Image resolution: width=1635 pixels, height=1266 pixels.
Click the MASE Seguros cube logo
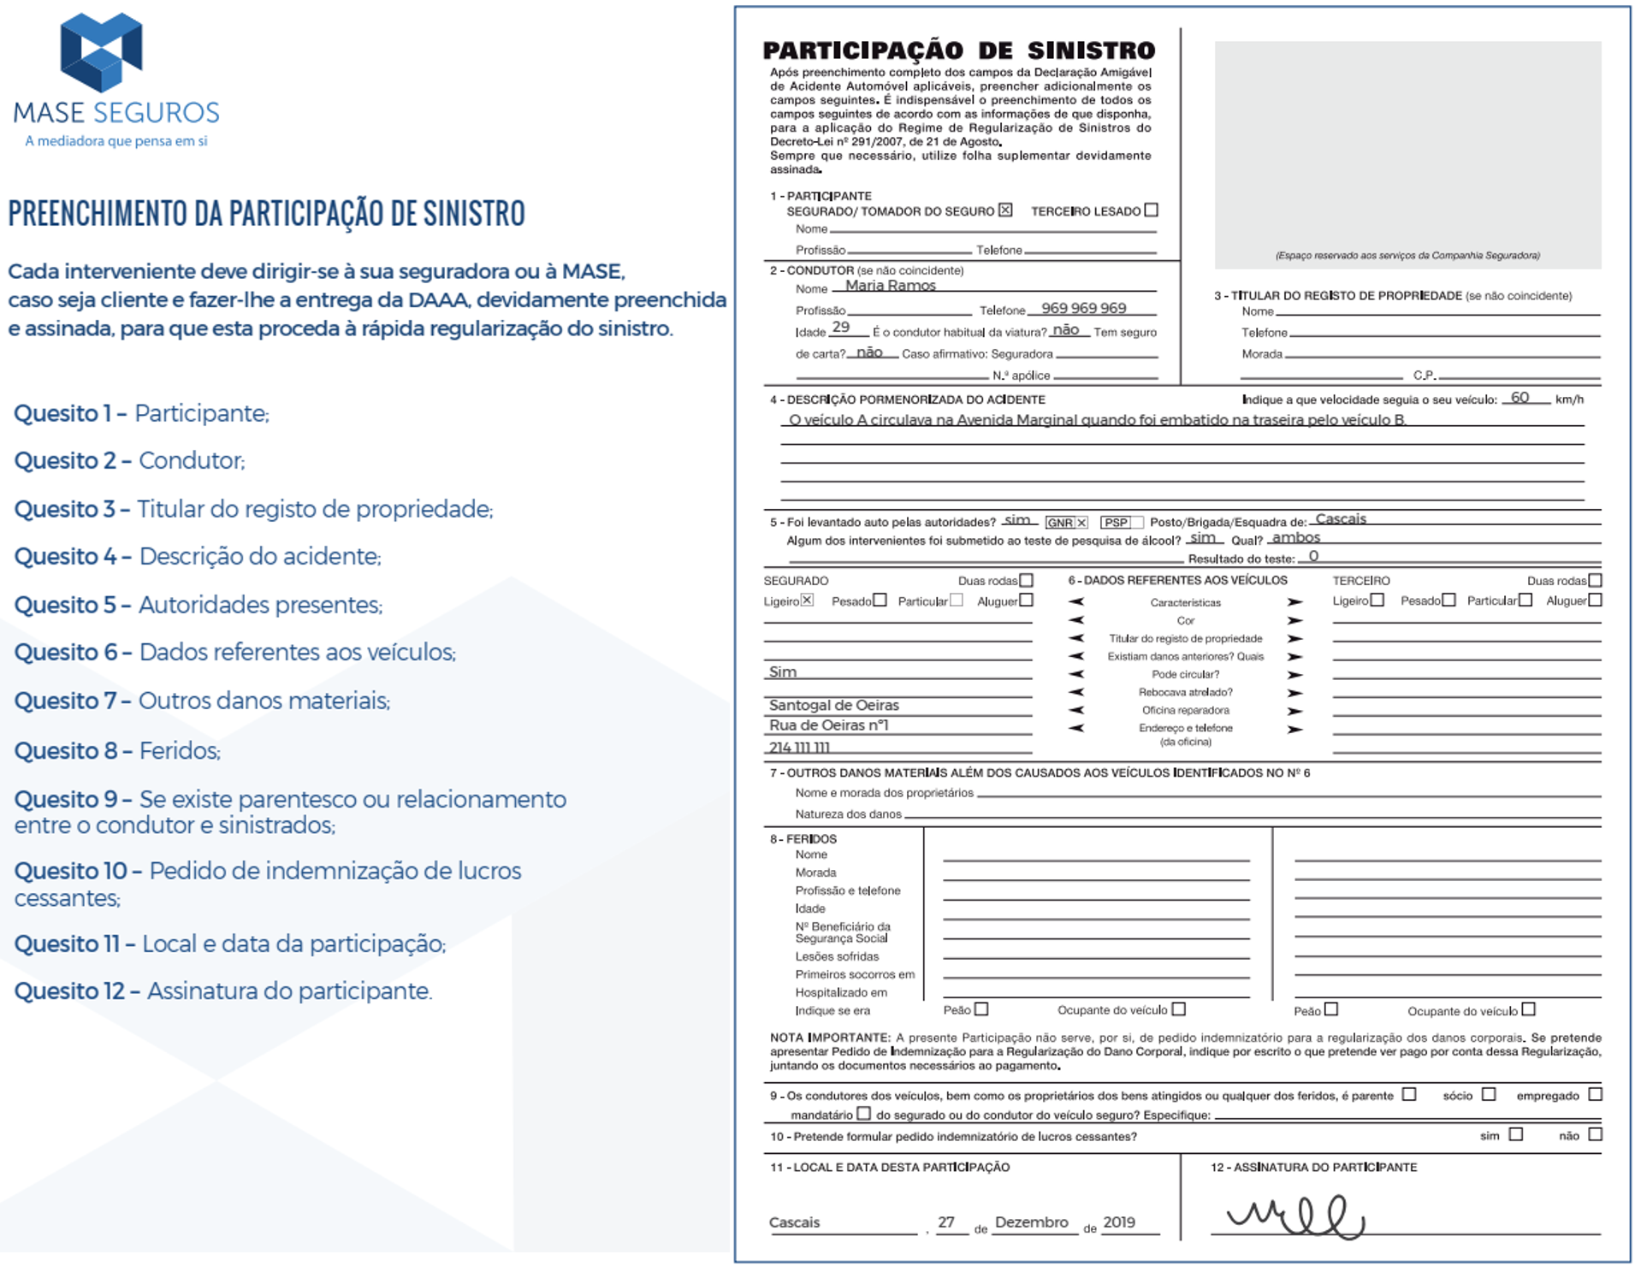101,52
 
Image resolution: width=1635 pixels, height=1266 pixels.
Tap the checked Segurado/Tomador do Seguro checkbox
1005,210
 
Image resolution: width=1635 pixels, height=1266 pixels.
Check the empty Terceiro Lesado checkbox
1151,210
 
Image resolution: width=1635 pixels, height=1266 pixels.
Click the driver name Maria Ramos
890,286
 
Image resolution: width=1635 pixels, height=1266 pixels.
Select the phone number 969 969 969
1083,308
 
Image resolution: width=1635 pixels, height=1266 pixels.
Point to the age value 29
841,328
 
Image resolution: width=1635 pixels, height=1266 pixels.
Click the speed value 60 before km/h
1519,398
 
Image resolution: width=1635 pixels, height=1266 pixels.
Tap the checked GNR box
1081,523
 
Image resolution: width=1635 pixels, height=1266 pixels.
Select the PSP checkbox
1136,523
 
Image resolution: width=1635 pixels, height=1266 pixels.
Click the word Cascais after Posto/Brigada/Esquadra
1341,519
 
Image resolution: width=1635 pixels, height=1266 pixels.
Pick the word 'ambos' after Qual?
1295,538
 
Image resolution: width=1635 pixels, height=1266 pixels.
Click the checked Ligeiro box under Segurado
807,600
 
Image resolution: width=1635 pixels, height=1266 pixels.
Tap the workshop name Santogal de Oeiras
833,706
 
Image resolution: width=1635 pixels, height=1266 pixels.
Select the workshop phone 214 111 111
799,748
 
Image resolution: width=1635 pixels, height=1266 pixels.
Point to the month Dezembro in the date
1031,1222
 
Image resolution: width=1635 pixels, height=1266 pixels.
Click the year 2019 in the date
1118,1222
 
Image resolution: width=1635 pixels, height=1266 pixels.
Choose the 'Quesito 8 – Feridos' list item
117,751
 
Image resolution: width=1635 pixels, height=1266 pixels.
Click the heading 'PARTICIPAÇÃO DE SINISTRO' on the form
958,50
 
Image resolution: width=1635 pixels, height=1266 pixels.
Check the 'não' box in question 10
1595,1135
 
